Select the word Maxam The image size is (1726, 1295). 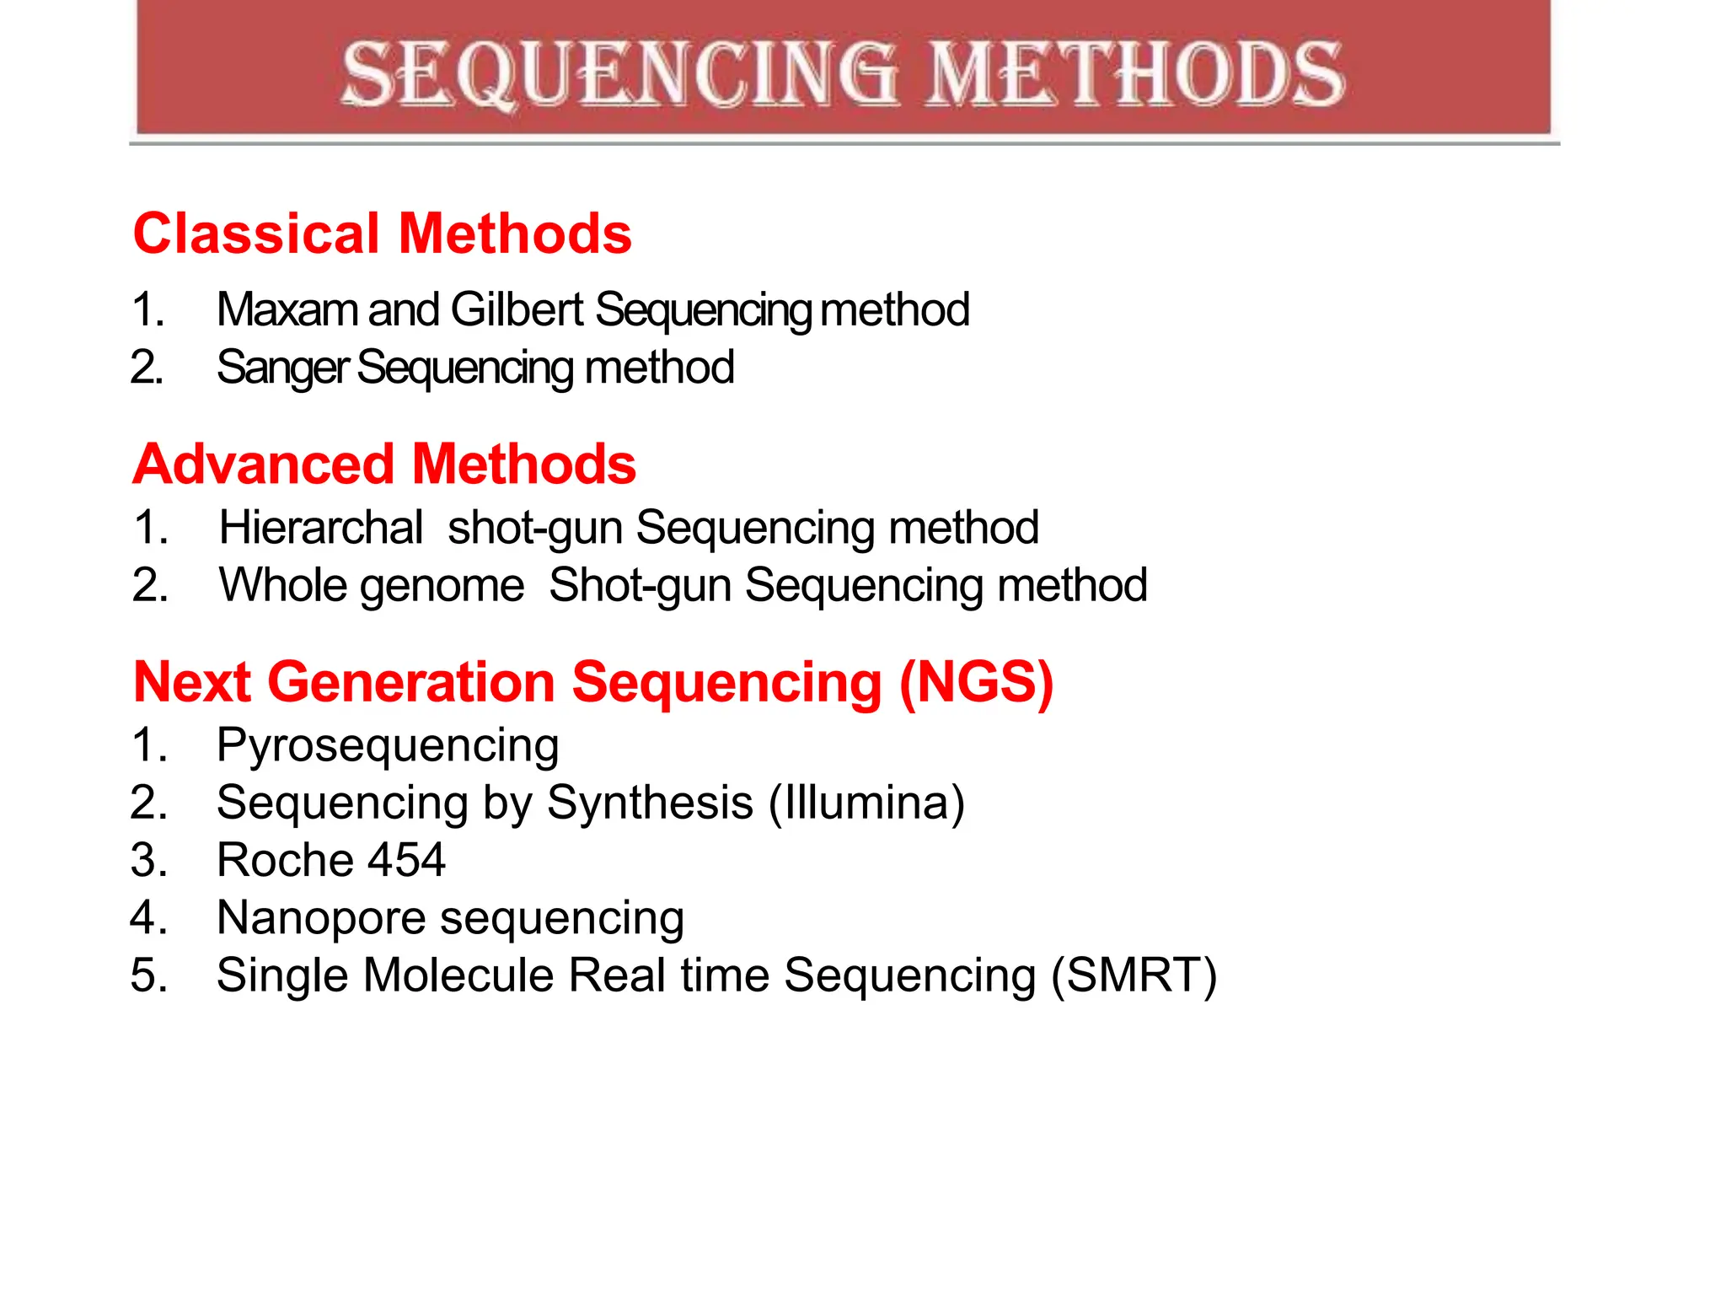click(x=287, y=309)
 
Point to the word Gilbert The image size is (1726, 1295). click(x=517, y=309)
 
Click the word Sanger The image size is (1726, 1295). click(x=282, y=368)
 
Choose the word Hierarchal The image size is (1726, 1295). click(x=320, y=528)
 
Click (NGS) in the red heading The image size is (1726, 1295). click(x=976, y=682)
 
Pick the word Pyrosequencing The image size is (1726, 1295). click(x=387, y=746)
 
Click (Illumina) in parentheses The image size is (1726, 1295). click(x=866, y=803)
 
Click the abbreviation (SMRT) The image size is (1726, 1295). click(x=1134, y=976)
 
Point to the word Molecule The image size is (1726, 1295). click(x=458, y=975)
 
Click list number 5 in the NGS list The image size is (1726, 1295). click(x=148, y=975)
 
